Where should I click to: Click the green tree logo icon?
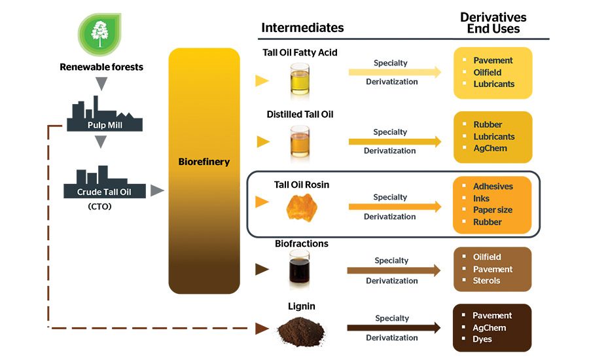(x=101, y=33)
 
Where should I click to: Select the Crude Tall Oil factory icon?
(x=101, y=183)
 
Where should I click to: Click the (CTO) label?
(x=101, y=207)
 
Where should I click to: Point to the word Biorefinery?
(x=204, y=162)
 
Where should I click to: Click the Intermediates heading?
(x=302, y=28)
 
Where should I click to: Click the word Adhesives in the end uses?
(x=493, y=187)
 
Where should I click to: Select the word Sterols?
(x=486, y=281)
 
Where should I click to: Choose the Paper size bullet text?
(x=493, y=210)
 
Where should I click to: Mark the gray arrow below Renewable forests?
(x=101, y=84)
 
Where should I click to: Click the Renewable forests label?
(x=101, y=67)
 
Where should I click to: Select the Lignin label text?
(x=302, y=305)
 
